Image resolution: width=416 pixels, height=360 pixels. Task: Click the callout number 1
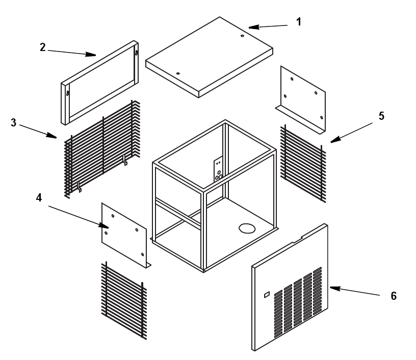[299, 22]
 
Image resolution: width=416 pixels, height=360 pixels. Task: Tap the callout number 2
[43, 47]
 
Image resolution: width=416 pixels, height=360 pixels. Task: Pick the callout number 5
[381, 116]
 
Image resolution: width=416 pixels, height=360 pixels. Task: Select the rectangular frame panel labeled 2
[100, 82]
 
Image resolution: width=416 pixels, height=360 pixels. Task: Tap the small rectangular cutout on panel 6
[266, 295]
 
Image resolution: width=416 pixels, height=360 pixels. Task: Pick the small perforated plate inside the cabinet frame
[218, 171]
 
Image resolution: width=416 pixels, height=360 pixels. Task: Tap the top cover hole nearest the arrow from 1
[242, 36]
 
